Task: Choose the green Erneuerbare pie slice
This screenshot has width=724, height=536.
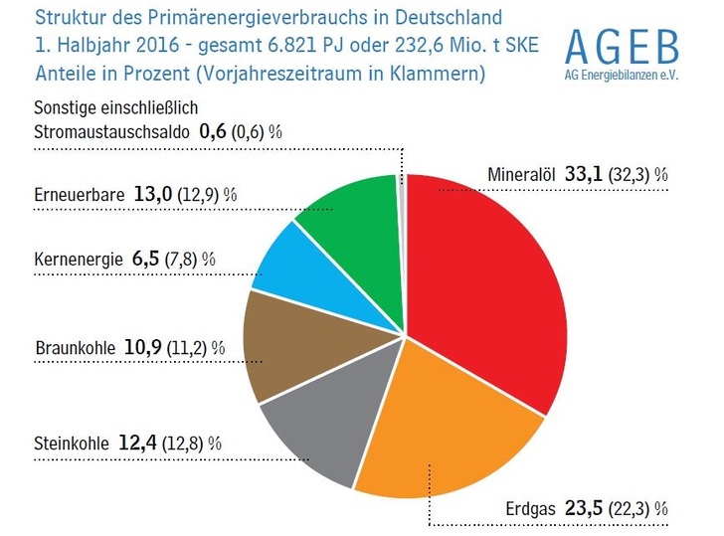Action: (353, 214)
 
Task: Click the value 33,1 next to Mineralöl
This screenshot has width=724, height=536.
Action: (586, 175)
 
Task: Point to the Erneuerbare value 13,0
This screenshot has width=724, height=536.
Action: (152, 194)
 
